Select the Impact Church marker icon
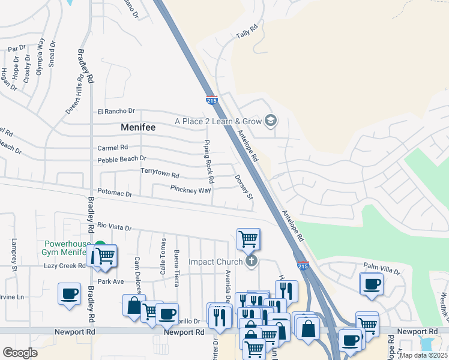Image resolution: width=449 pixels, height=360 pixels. tap(252, 261)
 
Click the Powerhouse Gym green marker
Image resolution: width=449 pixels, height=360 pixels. tap(100, 247)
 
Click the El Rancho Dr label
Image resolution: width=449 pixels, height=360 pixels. tap(116, 112)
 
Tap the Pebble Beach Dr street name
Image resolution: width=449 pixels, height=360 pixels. tap(122, 159)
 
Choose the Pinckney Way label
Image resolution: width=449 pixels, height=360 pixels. tap(190, 190)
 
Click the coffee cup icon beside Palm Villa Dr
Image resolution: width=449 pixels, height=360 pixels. tap(371, 283)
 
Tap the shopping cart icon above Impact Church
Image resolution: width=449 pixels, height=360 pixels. tap(248, 239)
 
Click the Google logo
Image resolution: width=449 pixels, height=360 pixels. tap(20, 353)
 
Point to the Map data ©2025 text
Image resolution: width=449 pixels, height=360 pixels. tap(423, 355)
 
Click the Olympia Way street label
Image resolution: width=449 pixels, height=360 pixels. tap(40, 55)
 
